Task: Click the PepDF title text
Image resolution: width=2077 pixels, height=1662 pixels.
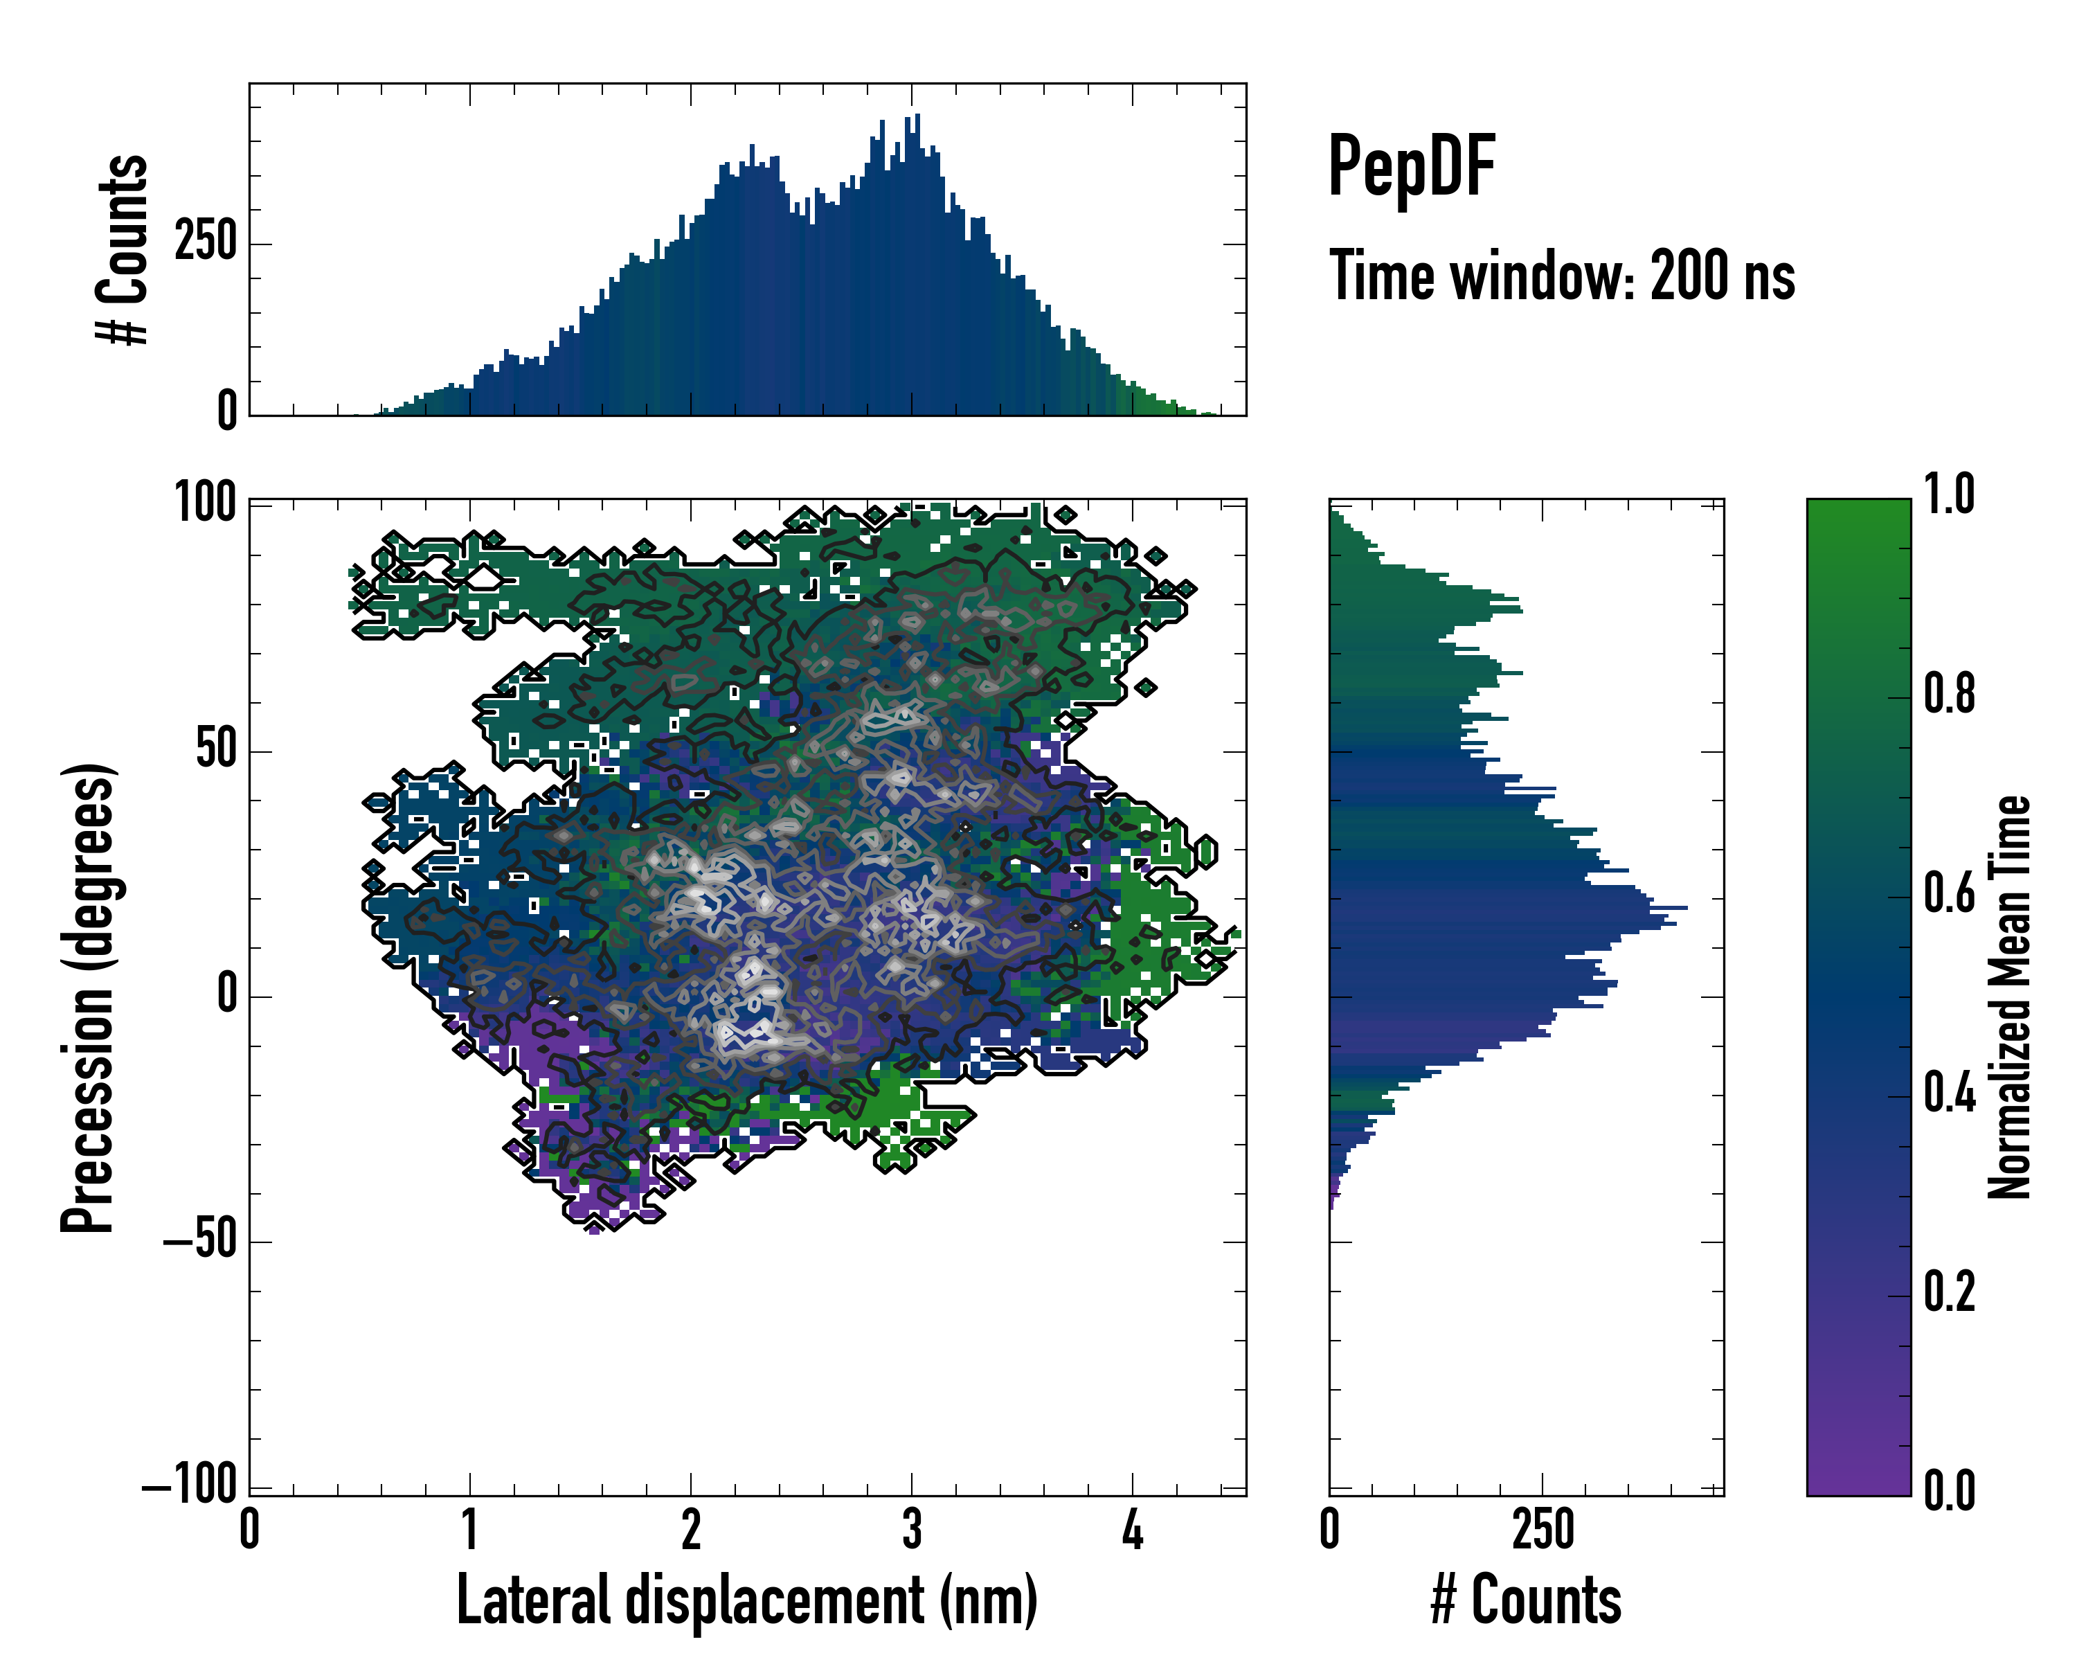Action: click(1411, 167)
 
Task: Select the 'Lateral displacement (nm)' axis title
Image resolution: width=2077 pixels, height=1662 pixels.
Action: click(746, 1600)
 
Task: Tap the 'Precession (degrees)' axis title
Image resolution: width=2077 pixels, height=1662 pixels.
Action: click(88, 997)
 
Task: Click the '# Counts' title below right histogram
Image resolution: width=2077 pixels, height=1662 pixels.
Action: click(1526, 1600)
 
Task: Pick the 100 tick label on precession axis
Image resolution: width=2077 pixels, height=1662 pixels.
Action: click(205, 502)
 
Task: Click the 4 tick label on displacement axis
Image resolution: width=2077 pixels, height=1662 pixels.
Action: click(1133, 1530)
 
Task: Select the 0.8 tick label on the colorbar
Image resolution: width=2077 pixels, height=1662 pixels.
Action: click(1949, 694)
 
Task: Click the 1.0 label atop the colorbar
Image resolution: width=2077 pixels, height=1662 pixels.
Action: click(1949, 494)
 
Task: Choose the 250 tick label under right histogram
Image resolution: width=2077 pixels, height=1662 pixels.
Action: click(1543, 1530)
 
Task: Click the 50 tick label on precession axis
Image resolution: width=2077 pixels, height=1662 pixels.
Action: click(216, 749)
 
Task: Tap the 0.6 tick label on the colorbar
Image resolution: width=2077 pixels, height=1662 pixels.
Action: click(1949, 893)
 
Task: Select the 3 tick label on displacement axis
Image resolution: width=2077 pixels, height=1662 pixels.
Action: click(911, 1530)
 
